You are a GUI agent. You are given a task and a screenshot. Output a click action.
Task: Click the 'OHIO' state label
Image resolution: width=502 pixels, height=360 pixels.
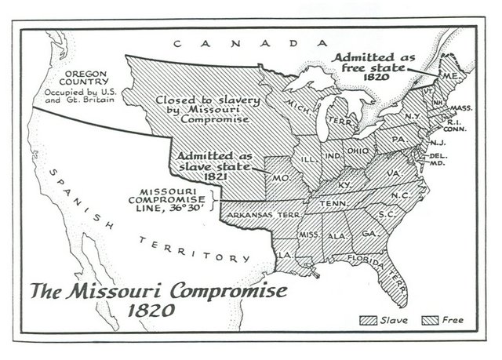[358, 151]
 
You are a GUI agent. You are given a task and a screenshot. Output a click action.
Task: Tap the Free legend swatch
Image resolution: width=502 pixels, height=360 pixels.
[431, 320]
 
